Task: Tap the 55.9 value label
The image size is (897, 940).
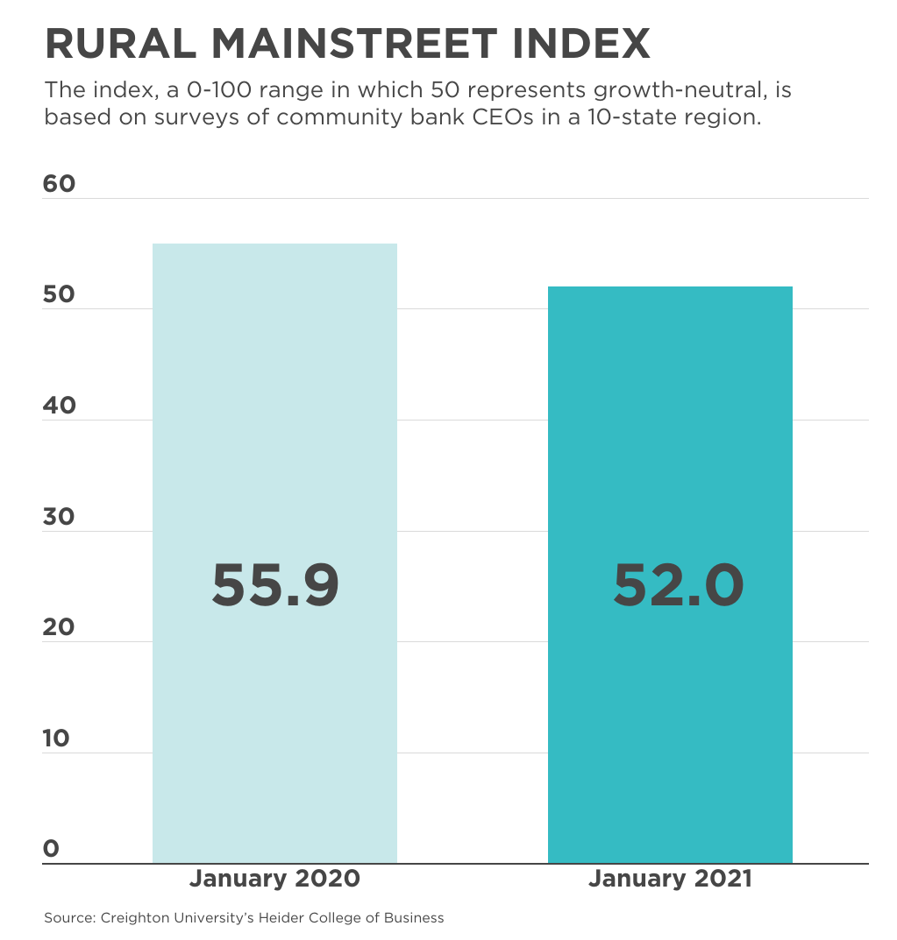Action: pos(275,585)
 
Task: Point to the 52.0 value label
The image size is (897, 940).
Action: pos(678,585)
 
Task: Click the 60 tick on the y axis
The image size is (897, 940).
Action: pos(60,184)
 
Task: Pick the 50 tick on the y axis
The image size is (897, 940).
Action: pos(60,295)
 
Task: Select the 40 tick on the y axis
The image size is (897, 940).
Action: pos(60,406)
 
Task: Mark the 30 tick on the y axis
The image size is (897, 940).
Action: pos(60,517)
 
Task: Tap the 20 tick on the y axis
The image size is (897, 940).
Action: pos(60,627)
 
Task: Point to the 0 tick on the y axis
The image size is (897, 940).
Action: pos(51,849)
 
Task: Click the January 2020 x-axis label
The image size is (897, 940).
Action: pos(274,879)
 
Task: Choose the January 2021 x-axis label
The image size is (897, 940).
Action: pos(670,879)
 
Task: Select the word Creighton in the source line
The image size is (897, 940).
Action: pos(131,918)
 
